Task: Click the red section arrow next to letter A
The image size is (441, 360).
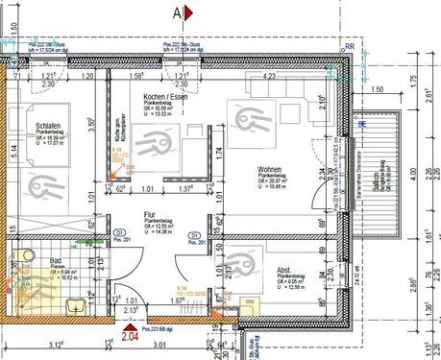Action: [x=189, y=13]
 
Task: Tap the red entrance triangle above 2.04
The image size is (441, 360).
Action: [x=129, y=324]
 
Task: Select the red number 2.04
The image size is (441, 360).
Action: [x=129, y=337]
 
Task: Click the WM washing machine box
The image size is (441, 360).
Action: [x=249, y=301]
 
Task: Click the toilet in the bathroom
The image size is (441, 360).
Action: [x=72, y=306]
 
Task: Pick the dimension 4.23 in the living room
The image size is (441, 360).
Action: [x=270, y=76]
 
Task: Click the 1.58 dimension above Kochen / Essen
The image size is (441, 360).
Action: [x=137, y=75]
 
